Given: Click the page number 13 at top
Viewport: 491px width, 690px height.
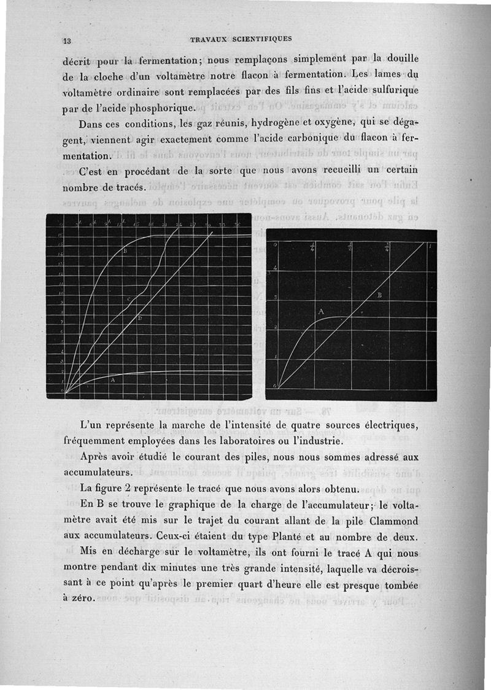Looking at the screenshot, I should tap(68, 41).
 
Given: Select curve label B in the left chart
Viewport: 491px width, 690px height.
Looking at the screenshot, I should tap(125, 252).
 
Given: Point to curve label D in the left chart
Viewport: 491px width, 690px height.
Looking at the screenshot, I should tap(140, 320).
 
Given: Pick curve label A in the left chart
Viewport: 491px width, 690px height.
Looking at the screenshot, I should tap(112, 381).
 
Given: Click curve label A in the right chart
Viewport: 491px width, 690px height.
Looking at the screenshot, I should tap(321, 312).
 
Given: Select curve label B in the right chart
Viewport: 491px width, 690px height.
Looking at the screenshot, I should tap(379, 296).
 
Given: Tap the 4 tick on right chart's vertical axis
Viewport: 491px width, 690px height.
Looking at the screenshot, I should tap(276, 268).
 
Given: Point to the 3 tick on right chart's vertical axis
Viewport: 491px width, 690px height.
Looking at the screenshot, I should tap(276, 297).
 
